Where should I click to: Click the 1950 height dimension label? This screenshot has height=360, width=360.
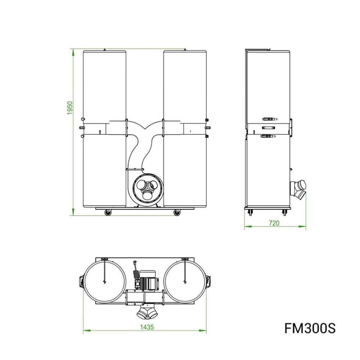(x=70, y=108)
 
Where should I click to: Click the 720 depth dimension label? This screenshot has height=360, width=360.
(x=274, y=223)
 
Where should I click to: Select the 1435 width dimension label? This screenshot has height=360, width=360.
(x=147, y=327)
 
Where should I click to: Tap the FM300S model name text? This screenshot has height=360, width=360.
(x=310, y=328)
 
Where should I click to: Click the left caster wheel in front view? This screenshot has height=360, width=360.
(x=108, y=213)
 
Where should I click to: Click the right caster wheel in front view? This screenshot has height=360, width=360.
(x=177, y=213)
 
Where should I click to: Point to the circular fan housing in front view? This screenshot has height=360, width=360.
(x=148, y=189)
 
